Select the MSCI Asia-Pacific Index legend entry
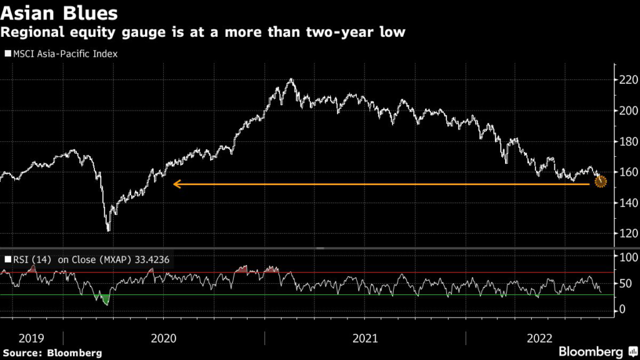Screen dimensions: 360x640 point(61,54)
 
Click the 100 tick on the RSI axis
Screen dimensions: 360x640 point(627,257)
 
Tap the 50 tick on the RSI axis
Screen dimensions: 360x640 point(624,284)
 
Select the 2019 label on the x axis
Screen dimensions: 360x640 point(31,338)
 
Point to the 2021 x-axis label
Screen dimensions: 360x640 point(365,338)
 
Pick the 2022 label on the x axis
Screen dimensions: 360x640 point(538,338)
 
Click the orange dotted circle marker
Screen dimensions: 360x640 point(601,182)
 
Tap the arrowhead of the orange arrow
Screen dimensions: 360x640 point(176,184)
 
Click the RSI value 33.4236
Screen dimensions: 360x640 point(149,259)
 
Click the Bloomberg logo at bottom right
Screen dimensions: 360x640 point(590,352)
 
